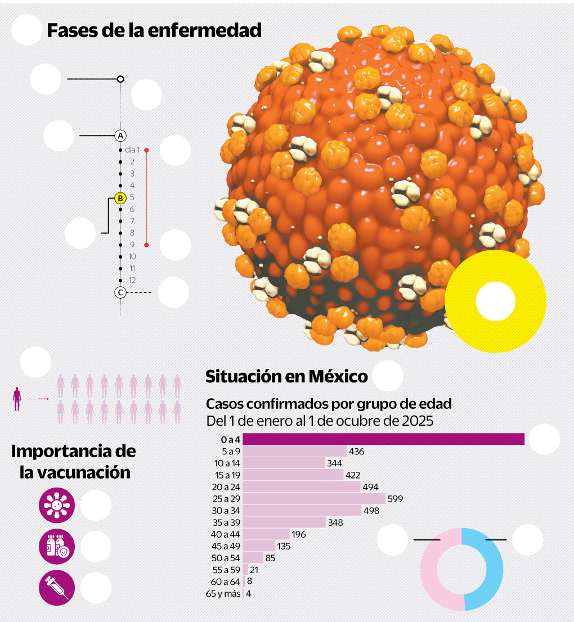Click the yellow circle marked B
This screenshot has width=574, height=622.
tap(120, 198)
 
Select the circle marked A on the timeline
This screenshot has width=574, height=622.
tap(120, 136)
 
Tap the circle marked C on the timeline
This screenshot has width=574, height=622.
tap(120, 292)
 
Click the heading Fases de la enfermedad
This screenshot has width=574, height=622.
tap(154, 30)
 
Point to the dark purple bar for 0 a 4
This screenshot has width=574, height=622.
tap(383, 439)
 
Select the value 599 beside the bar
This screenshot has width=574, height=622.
tap(395, 499)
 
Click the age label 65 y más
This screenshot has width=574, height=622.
tap(224, 594)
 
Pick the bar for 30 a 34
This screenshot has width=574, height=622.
tap(302, 511)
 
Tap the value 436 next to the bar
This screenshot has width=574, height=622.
tap(357, 451)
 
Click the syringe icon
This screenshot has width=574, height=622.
tap(56, 588)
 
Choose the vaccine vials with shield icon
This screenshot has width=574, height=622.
tap(56, 546)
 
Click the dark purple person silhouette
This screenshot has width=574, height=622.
tap(17, 399)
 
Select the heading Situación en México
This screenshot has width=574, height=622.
tap(286, 376)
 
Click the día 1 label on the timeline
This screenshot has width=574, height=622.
tap(132, 150)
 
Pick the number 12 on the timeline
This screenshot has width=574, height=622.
tap(132, 280)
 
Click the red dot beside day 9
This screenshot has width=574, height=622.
tap(146, 245)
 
